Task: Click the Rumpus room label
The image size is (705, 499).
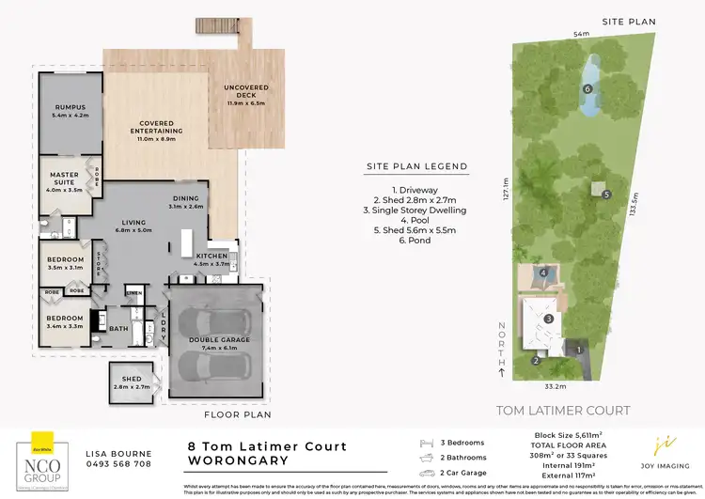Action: pos(70,111)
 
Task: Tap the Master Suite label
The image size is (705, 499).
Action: pos(64,179)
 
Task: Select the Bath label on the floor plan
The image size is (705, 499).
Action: pos(118,328)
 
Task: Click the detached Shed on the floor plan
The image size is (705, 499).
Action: pos(130,382)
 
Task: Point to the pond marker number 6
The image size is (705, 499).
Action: pos(587,89)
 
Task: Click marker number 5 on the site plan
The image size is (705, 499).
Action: pos(607,195)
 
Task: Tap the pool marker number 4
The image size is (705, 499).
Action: pos(543,274)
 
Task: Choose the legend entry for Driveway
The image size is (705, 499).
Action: pos(416,187)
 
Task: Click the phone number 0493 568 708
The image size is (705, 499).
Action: pos(117,463)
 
